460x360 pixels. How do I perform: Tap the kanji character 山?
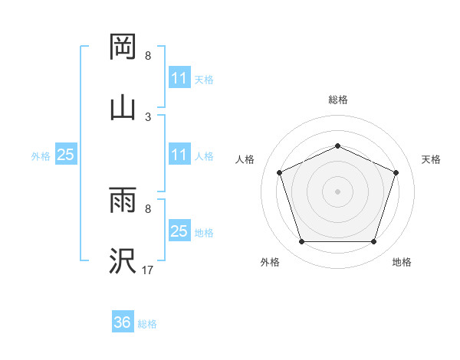click(x=123, y=106)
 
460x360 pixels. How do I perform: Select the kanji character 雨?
click(x=123, y=201)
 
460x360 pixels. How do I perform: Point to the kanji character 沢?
click(x=123, y=260)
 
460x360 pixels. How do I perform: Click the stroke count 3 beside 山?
click(x=148, y=116)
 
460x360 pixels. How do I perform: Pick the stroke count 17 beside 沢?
click(x=148, y=270)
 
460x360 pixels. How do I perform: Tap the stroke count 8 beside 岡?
click(x=148, y=57)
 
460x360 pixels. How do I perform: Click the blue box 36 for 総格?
click(x=123, y=323)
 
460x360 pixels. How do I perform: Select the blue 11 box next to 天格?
click(x=179, y=78)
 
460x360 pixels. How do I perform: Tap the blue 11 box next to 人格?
click(x=179, y=155)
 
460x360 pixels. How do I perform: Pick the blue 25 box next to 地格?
click(x=179, y=231)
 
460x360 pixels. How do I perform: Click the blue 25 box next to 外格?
click(x=65, y=155)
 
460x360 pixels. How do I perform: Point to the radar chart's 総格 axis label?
click(x=337, y=100)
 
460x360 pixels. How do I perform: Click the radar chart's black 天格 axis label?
click(x=431, y=159)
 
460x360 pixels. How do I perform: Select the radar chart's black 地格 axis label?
click(x=401, y=262)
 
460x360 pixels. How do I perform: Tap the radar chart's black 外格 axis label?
click(x=271, y=262)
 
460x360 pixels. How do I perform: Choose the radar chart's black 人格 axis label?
click(x=245, y=159)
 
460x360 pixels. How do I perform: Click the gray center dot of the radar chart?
click(x=337, y=191)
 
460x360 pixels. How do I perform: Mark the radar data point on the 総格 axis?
click(x=337, y=146)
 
